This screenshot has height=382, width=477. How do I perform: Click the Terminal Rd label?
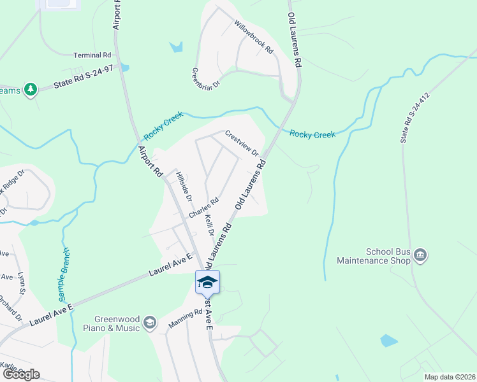92,55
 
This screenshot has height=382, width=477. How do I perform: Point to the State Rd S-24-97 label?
82,80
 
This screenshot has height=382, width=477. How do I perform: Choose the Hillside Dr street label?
184,187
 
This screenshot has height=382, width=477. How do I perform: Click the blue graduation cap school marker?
207,281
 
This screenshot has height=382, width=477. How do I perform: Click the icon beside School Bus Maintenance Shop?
420,256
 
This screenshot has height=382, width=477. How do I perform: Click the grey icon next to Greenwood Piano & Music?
150,323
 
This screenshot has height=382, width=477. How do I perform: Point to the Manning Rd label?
185,319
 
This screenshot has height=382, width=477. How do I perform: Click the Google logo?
20,374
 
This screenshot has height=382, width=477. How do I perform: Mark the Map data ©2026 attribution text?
449,377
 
